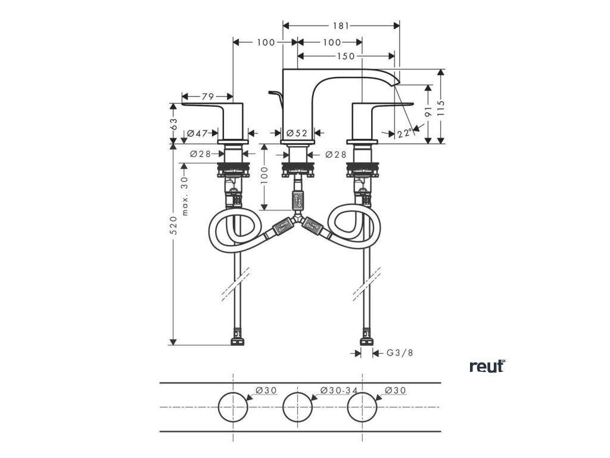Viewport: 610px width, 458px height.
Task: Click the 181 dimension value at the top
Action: click(x=341, y=25)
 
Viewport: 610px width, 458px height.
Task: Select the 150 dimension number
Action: click(x=346, y=56)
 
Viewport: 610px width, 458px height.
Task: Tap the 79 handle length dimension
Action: click(x=207, y=96)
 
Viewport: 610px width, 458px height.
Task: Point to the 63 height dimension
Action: click(x=174, y=123)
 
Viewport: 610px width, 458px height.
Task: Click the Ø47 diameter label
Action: click(x=197, y=134)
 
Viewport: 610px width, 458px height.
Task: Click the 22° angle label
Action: click(x=405, y=134)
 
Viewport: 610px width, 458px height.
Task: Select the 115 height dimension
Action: click(x=441, y=106)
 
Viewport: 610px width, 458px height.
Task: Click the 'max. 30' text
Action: click(x=185, y=196)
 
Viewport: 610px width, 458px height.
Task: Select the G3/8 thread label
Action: click(x=399, y=353)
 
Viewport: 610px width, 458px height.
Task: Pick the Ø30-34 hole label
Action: click(x=338, y=390)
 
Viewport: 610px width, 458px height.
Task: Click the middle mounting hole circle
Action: click(x=298, y=407)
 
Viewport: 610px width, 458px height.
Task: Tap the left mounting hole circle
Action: click(x=233, y=407)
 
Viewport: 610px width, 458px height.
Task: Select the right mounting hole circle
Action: click(x=363, y=407)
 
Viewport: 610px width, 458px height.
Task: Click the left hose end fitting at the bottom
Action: click(x=237, y=343)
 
